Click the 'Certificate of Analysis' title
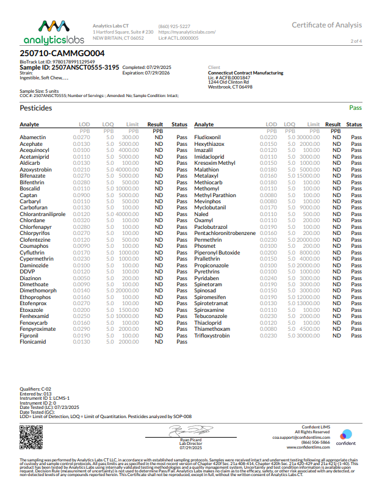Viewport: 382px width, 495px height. click(326, 25)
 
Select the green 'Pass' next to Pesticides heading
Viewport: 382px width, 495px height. click(355, 108)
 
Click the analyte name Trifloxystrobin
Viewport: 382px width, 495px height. click(212, 336)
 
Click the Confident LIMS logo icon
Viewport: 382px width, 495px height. click(345, 434)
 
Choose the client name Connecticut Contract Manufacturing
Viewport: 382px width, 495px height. click(245, 73)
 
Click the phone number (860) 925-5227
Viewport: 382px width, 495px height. click(174, 26)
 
